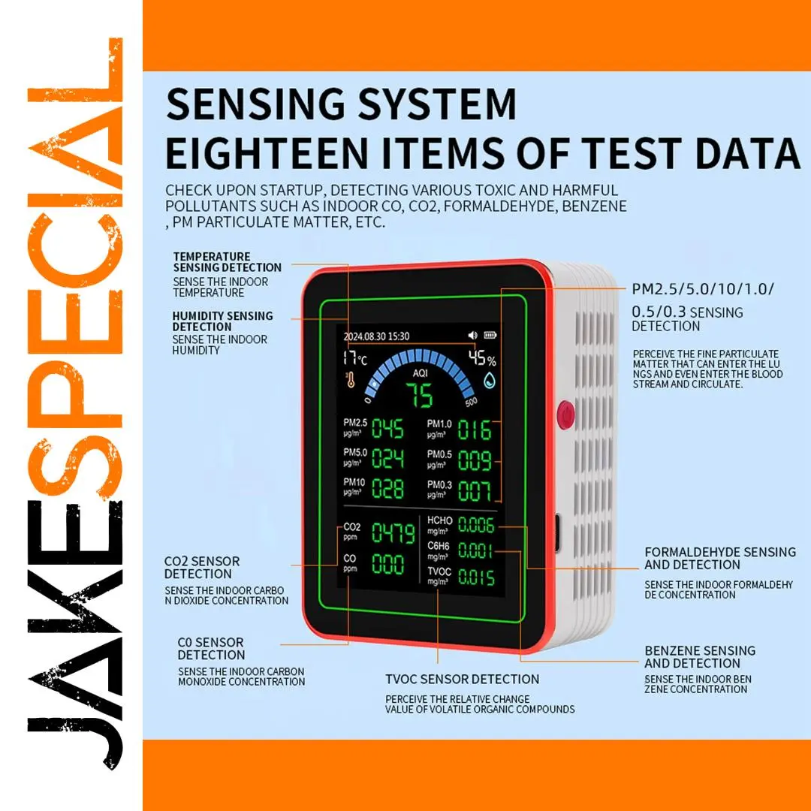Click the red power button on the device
click(566, 415)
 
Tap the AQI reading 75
click(420, 396)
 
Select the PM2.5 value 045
click(387, 429)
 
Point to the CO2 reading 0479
click(393, 532)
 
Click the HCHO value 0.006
click(476, 525)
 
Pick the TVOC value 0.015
click(476, 577)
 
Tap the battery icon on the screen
click(490, 335)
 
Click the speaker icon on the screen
click(473, 335)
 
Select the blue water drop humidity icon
click(490, 381)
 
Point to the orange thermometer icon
click(350, 380)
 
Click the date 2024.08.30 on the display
click(364, 336)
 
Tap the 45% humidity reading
click(482, 358)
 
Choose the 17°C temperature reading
click(354, 358)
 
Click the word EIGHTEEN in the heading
click(267, 153)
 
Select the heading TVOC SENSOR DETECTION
click(463, 679)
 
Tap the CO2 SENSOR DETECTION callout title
click(202, 568)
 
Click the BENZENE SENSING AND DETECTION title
click(700, 657)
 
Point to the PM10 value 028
click(387, 489)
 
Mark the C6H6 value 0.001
click(475, 551)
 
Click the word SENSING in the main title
click(255, 104)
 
